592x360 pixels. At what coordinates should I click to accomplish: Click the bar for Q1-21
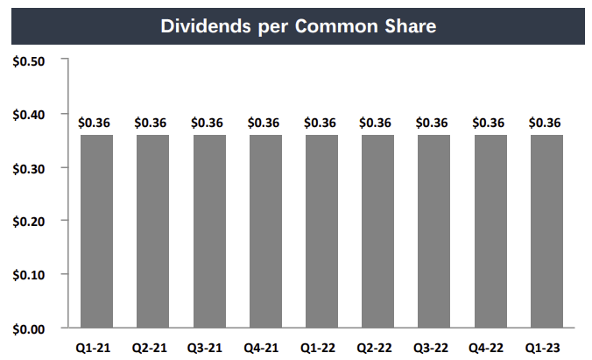[x=96, y=231]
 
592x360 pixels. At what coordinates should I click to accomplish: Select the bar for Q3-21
[x=209, y=231]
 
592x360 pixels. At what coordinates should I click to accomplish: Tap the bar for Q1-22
[x=321, y=231]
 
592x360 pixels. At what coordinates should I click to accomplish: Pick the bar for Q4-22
[x=490, y=231]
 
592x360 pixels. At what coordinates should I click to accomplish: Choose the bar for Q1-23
[x=546, y=231]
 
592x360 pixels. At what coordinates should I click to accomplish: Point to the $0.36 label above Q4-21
[x=265, y=123]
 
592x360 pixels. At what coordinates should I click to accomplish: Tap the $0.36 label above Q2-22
[x=377, y=123]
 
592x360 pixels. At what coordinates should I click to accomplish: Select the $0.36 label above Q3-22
[x=433, y=123]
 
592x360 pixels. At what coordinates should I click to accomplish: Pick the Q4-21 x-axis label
[x=265, y=346]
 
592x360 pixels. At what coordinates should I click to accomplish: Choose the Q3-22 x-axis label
[x=433, y=346]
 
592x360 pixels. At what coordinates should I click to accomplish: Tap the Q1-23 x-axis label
[x=546, y=346]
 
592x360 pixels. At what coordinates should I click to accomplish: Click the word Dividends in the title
[x=204, y=25]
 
